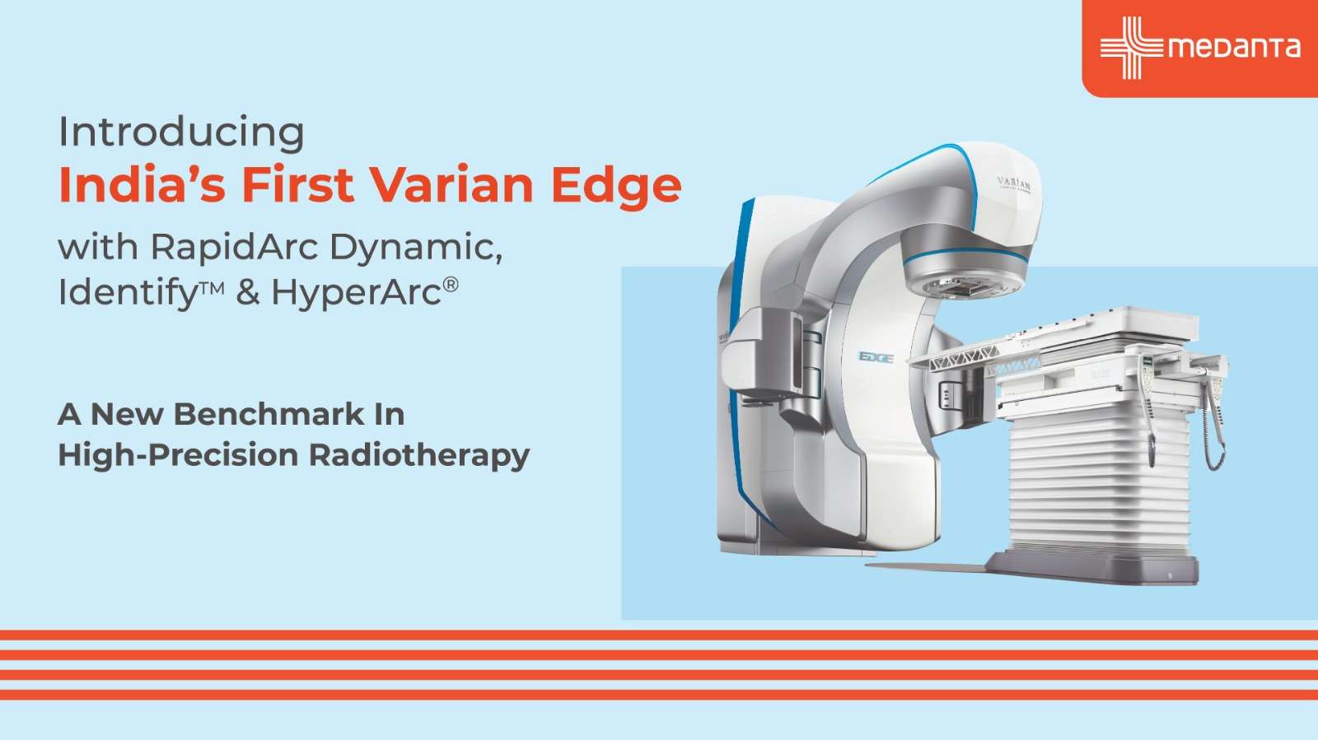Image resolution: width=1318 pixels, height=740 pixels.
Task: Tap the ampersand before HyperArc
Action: (248, 292)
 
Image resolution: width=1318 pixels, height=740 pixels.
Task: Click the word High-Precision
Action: (178, 455)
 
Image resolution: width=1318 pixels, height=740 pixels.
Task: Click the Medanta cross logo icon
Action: (1130, 48)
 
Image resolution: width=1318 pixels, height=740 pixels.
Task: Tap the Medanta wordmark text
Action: (1234, 48)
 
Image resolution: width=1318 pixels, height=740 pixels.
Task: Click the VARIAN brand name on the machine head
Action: (1013, 184)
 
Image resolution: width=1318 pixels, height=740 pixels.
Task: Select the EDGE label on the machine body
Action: (876, 356)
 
